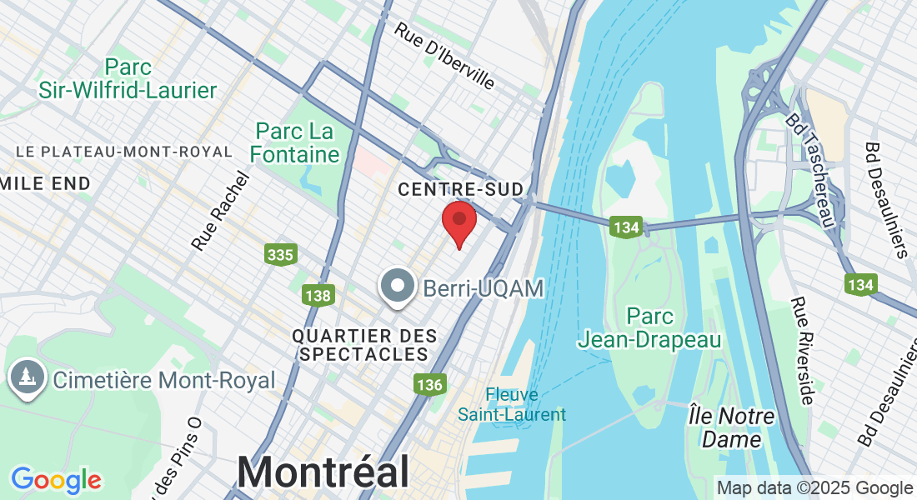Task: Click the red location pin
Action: click(458, 220)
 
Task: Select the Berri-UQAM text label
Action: click(484, 288)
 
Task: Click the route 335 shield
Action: click(280, 254)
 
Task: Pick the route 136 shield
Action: click(430, 384)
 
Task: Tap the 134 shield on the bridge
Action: click(625, 227)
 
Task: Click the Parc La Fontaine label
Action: click(295, 142)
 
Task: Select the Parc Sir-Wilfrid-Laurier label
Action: click(128, 78)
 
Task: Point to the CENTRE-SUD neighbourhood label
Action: click(448, 189)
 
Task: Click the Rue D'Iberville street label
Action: click(444, 55)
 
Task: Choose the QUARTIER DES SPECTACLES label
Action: click(365, 345)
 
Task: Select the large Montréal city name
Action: click(323, 472)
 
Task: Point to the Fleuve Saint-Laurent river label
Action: click(513, 404)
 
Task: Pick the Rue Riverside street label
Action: click(802, 351)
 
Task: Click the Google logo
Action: click(56, 480)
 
